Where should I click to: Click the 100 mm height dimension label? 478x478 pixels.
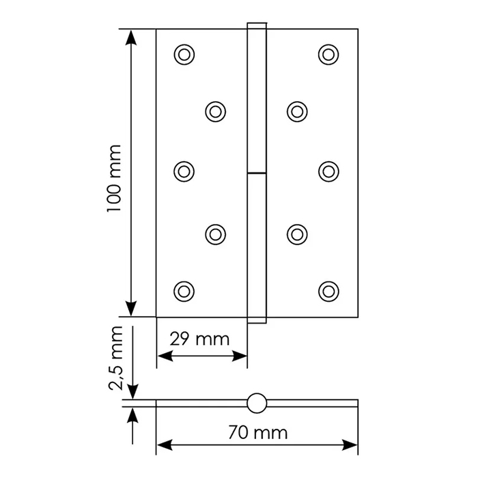pyautogui.click(x=114, y=178)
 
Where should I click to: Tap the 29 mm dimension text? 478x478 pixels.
pyautogui.click(x=199, y=339)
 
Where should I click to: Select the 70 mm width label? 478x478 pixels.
pyautogui.click(x=258, y=432)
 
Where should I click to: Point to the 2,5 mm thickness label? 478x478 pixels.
pyautogui.click(x=115, y=358)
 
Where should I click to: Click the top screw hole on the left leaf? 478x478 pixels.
pyautogui.click(x=184, y=55)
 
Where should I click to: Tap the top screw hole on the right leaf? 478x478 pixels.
pyautogui.click(x=328, y=55)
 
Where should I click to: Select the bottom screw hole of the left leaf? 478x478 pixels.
pyautogui.click(x=184, y=292)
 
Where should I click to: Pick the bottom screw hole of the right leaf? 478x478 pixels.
pyautogui.click(x=328, y=292)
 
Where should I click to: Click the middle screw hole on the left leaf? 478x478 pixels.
pyautogui.click(x=184, y=171)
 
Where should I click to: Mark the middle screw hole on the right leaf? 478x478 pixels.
pyautogui.click(x=328, y=171)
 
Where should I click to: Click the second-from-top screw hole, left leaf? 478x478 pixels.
pyautogui.click(x=216, y=112)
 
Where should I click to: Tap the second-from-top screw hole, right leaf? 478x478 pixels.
pyautogui.click(x=297, y=112)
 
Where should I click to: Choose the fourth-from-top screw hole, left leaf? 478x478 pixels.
pyautogui.click(x=216, y=235)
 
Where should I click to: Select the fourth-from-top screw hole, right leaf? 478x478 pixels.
pyautogui.click(x=297, y=235)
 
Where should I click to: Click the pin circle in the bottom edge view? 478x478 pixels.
pyautogui.click(x=257, y=404)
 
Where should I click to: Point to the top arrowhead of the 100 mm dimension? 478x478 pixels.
pyautogui.click(x=131, y=38)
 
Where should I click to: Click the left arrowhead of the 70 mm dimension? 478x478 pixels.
pyautogui.click(x=165, y=445)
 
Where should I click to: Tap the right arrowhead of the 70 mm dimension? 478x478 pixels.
pyautogui.click(x=350, y=445)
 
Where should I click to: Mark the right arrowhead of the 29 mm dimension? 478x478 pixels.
pyautogui.click(x=239, y=356)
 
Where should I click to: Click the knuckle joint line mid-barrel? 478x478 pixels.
pyautogui.click(x=257, y=173)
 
